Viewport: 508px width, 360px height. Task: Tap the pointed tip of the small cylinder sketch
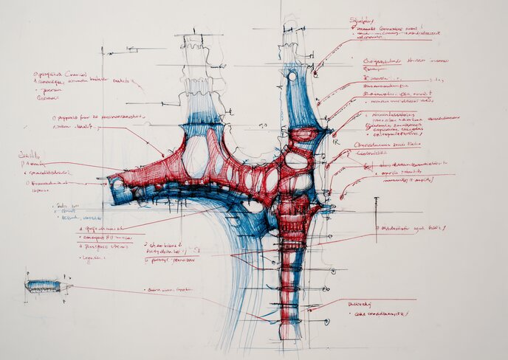[x=72, y=285]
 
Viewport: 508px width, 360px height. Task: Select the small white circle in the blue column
[x=292, y=76]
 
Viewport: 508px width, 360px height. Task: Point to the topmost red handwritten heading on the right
[x=363, y=21]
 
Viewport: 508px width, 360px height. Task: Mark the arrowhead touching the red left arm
[x=162, y=155]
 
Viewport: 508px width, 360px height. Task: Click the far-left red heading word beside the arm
[x=30, y=156]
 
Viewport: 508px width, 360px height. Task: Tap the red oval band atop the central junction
[x=303, y=135]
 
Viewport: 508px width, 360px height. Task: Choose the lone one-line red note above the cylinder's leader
[x=170, y=289]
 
